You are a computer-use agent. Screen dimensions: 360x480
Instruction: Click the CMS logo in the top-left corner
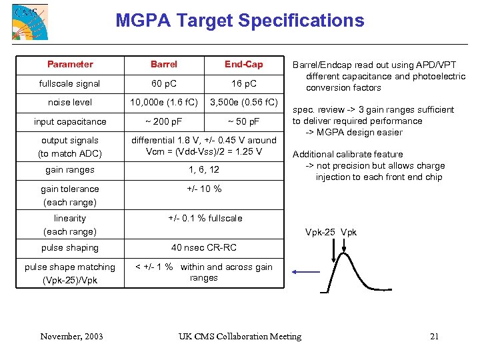pyautogui.click(x=30, y=22)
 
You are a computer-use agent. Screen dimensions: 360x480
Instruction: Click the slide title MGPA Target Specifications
pyautogui.click(x=240, y=20)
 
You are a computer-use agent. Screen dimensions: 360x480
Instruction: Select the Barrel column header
pyautogui.click(x=164, y=64)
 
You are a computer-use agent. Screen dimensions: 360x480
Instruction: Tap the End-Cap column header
pyautogui.click(x=244, y=64)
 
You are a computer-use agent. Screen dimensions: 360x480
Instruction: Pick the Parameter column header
pyautogui.click(x=70, y=64)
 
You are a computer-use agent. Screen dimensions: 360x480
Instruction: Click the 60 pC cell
pyautogui.click(x=164, y=83)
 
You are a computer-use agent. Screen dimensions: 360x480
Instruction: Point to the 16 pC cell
pyautogui.click(x=244, y=83)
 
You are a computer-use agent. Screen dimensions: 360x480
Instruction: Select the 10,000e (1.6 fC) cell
pyautogui.click(x=164, y=102)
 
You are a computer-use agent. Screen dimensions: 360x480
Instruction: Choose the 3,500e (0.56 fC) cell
pyautogui.click(x=244, y=102)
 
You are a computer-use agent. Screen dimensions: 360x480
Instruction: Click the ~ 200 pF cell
pyautogui.click(x=164, y=121)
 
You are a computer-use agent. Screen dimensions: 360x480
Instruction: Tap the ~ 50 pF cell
pyautogui.click(x=244, y=121)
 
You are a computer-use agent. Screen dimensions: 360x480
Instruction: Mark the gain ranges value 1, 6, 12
pyautogui.click(x=204, y=170)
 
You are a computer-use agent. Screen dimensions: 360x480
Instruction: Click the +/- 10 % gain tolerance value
pyautogui.click(x=204, y=189)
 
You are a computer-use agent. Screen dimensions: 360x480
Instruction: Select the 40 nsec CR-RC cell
pyautogui.click(x=204, y=247)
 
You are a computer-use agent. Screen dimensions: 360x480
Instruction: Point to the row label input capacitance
pyautogui.click(x=70, y=121)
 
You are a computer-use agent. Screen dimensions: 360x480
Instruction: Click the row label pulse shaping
pyautogui.click(x=70, y=247)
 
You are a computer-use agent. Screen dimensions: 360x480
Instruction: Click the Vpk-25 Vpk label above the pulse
pyautogui.click(x=331, y=232)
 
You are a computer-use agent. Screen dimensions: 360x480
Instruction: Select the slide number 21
pyautogui.click(x=435, y=336)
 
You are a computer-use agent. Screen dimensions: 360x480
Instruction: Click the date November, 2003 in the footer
pyautogui.click(x=71, y=336)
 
